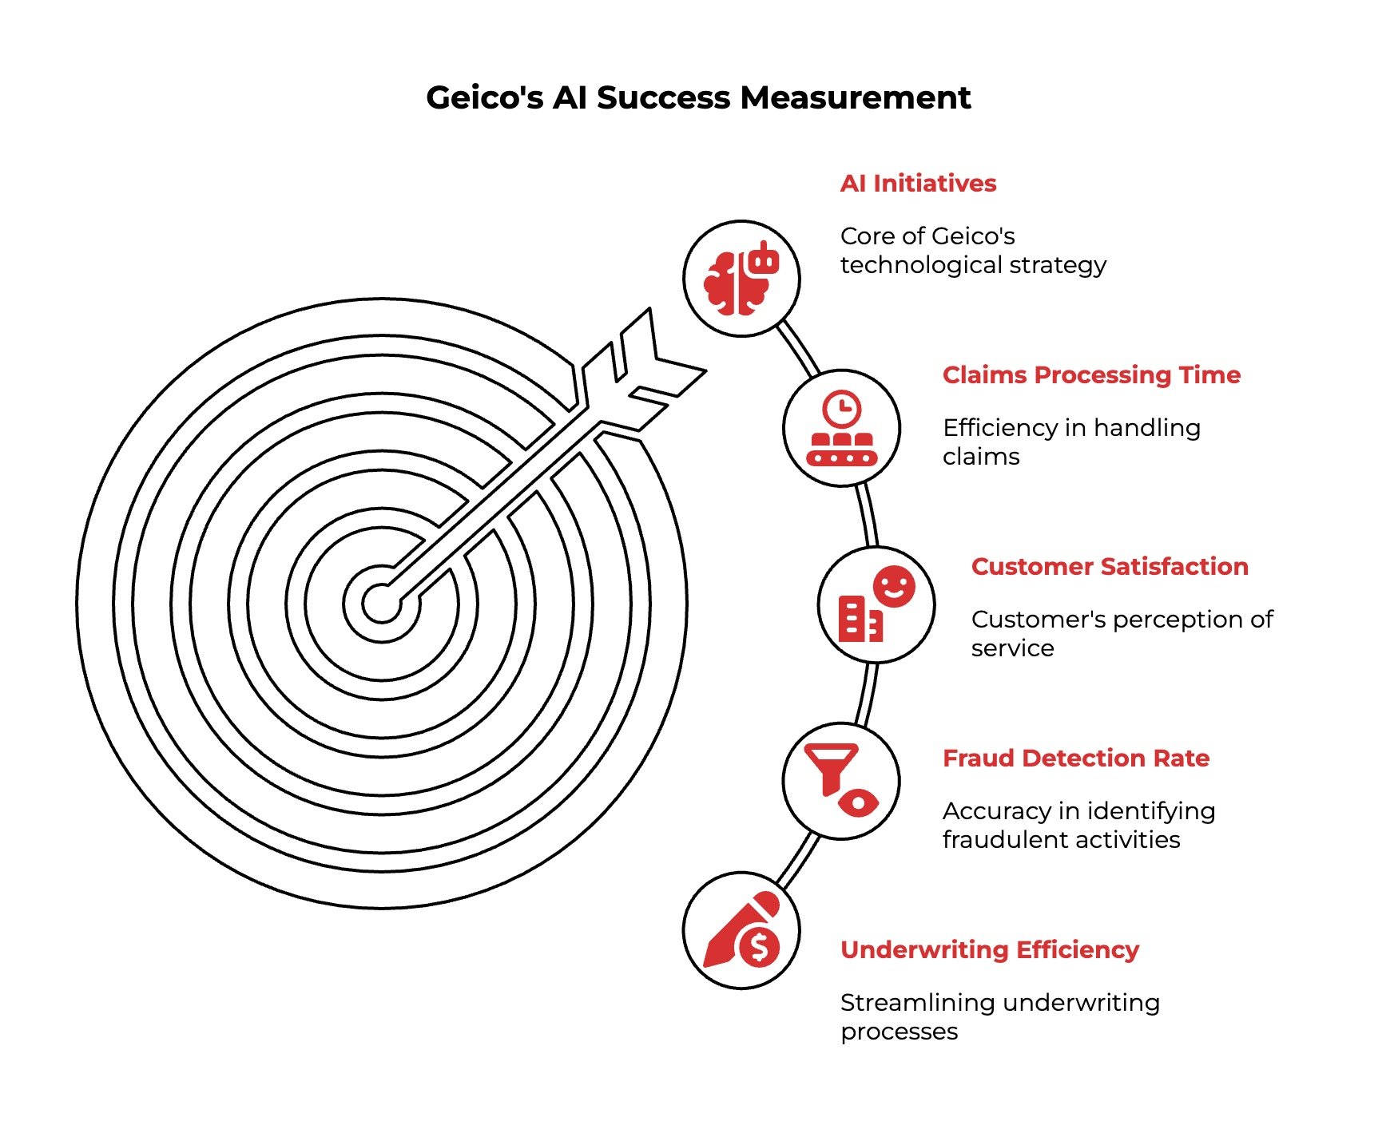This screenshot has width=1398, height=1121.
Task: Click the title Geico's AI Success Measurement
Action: click(x=698, y=97)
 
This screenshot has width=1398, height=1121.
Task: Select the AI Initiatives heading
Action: click(x=918, y=184)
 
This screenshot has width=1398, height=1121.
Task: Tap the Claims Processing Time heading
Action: click(x=1091, y=375)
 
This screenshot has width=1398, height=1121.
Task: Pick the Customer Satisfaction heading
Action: click(x=1110, y=567)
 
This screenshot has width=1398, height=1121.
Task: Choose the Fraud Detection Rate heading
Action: click(x=1076, y=759)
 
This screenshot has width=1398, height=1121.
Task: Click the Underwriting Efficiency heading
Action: click(x=990, y=950)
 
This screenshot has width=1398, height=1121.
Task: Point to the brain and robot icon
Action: click(x=741, y=278)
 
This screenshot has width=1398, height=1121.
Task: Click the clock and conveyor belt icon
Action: click(x=842, y=428)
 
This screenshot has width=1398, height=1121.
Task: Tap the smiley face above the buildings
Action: click(x=894, y=587)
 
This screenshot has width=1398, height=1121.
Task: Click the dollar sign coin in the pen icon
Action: click(x=759, y=948)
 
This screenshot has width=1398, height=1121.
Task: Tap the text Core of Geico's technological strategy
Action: click(x=973, y=251)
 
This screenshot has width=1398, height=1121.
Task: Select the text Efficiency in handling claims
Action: click(x=1071, y=442)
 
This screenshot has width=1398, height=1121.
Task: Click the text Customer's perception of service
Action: click(x=1122, y=634)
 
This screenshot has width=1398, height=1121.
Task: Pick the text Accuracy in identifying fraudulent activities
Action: click(x=1078, y=826)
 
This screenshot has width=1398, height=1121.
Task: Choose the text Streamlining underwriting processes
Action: click(x=1000, y=1017)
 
